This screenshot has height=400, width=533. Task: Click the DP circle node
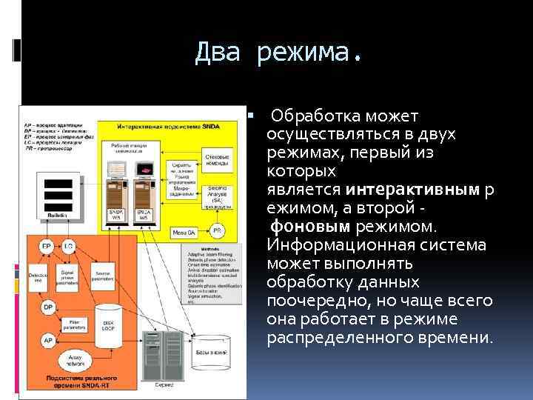coord(47,307)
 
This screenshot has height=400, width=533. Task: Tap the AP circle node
coord(47,340)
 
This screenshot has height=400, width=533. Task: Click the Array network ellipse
coord(74,362)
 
